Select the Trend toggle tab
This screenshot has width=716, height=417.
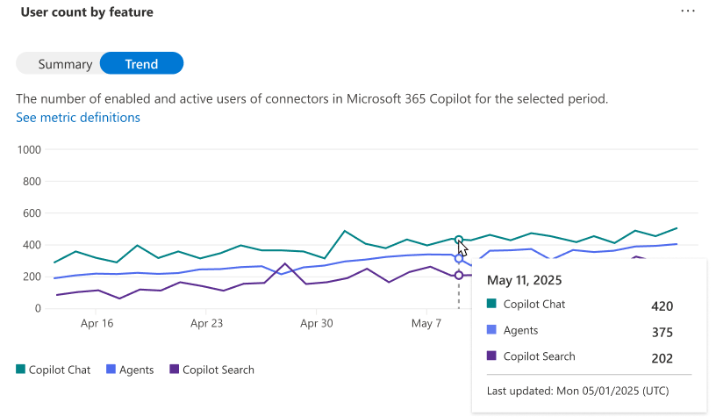click(x=141, y=63)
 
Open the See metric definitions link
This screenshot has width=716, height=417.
click(x=78, y=118)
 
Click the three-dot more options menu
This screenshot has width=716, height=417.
click(x=688, y=11)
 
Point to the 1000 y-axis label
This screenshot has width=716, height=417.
click(x=29, y=150)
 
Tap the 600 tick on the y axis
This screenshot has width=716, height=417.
click(x=32, y=213)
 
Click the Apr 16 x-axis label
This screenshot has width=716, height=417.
click(x=97, y=323)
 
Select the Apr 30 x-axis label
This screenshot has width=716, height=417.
click(x=317, y=323)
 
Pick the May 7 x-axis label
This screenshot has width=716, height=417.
click(x=426, y=323)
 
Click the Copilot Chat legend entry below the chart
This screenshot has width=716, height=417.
click(x=54, y=370)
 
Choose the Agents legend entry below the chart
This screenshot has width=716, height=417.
click(x=130, y=370)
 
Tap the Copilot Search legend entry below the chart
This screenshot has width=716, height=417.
click(x=211, y=370)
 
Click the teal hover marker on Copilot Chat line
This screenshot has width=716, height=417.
click(x=459, y=240)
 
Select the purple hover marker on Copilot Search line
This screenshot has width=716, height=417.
click(x=459, y=276)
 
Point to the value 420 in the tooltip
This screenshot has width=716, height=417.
click(x=662, y=306)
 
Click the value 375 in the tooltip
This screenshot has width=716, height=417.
click(x=662, y=332)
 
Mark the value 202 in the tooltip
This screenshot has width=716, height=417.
click(x=662, y=358)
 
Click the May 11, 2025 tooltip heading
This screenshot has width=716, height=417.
click(x=524, y=280)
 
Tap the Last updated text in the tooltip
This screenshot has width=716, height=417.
click(x=577, y=391)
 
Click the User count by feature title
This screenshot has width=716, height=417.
click(x=87, y=12)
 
